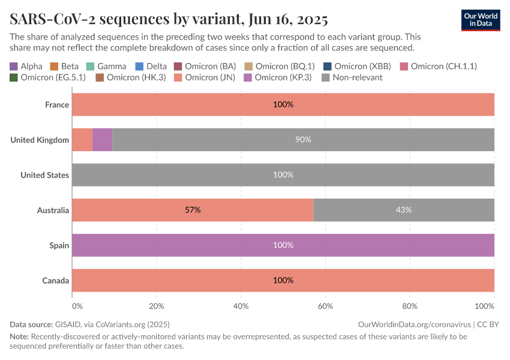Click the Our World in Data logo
click(480, 20)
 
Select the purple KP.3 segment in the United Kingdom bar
click(102, 139)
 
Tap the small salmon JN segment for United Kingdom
click(82, 139)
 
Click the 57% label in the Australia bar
click(193, 210)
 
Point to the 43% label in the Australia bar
click(403, 210)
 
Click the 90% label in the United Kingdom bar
click(303, 139)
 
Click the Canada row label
click(56, 280)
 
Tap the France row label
click(57, 104)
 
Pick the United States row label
click(45, 175)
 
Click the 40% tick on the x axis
click(241, 306)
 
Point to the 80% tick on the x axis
click(409, 306)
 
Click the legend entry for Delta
click(152, 66)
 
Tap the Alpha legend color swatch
click(14, 66)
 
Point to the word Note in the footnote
click(19, 337)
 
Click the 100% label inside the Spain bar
click(283, 245)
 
